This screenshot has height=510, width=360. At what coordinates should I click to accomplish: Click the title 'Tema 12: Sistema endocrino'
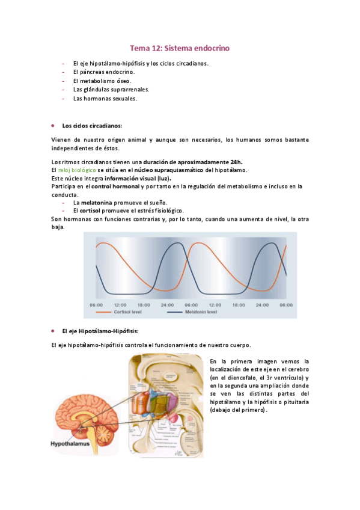[180, 48]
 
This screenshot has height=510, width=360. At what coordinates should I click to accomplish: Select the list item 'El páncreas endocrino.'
[103, 72]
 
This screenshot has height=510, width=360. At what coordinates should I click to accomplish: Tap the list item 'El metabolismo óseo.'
[102, 81]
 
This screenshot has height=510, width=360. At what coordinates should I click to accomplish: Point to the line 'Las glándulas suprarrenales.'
[111, 90]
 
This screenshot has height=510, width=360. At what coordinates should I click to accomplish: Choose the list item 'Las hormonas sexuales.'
[105, 99]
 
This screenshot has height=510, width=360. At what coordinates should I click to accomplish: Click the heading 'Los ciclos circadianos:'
[91, 126]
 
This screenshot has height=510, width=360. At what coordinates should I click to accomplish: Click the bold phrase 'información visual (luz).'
[138, 179]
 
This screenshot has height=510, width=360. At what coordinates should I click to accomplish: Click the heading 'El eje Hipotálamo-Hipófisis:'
[100, 331]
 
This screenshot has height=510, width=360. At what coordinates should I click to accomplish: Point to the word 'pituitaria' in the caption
[294, 402]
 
